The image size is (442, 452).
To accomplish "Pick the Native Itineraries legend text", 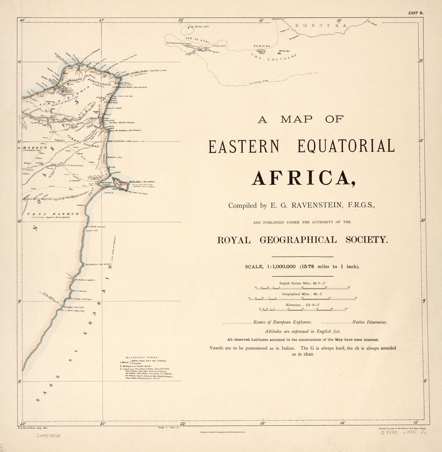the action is (x=369, y=322).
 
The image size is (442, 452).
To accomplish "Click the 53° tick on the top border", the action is (x=262, y=20).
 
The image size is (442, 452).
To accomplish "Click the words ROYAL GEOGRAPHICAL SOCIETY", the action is (x=303, y=240).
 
